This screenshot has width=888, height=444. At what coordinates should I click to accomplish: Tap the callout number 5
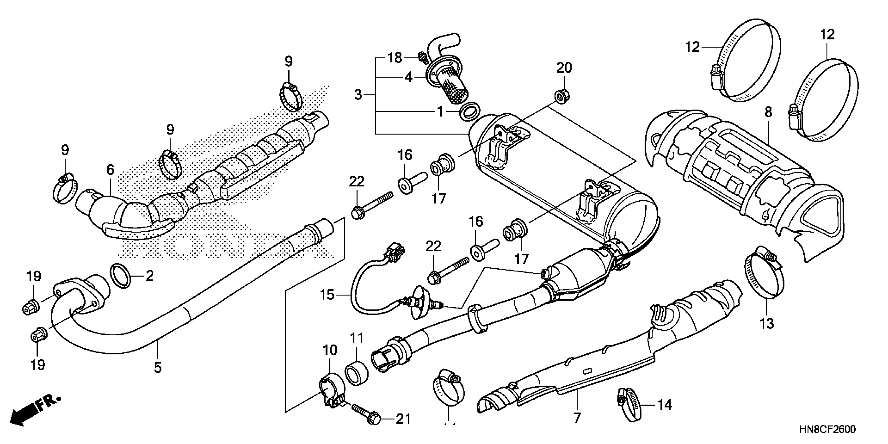pyautogui.click(x=157, y=368)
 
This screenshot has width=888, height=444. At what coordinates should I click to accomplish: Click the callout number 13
pyautogui.click(x=767, y=324)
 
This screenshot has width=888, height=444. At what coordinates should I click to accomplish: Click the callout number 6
pyautogui.click(x=110, y=170)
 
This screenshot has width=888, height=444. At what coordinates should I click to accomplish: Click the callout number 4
pyautogui.click(x=409, y=77)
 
